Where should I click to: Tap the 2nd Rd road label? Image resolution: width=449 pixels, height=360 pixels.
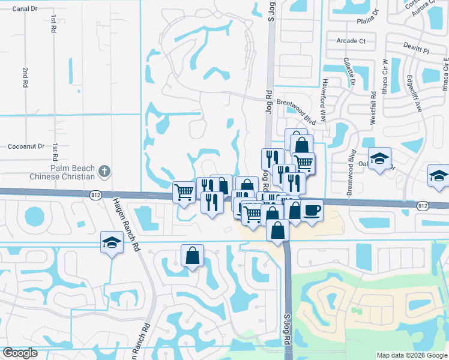tap(26, 78)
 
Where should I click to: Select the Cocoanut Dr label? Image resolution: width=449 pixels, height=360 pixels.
tap(26, 146)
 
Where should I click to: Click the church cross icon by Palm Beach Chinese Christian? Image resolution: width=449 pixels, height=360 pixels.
tap(104, 172)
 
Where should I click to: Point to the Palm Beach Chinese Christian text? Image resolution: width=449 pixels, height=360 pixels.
tap(73, 173)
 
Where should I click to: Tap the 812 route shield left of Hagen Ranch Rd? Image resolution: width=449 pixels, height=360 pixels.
tap(96, 195)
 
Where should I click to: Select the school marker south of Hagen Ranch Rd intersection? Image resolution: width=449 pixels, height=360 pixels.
tap(112, 242)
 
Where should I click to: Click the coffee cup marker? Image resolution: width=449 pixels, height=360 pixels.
tap(312, 211)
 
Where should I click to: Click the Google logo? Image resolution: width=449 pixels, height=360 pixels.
tap(20, 353)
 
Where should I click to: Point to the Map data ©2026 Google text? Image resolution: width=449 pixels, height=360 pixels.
tap(411, 355)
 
